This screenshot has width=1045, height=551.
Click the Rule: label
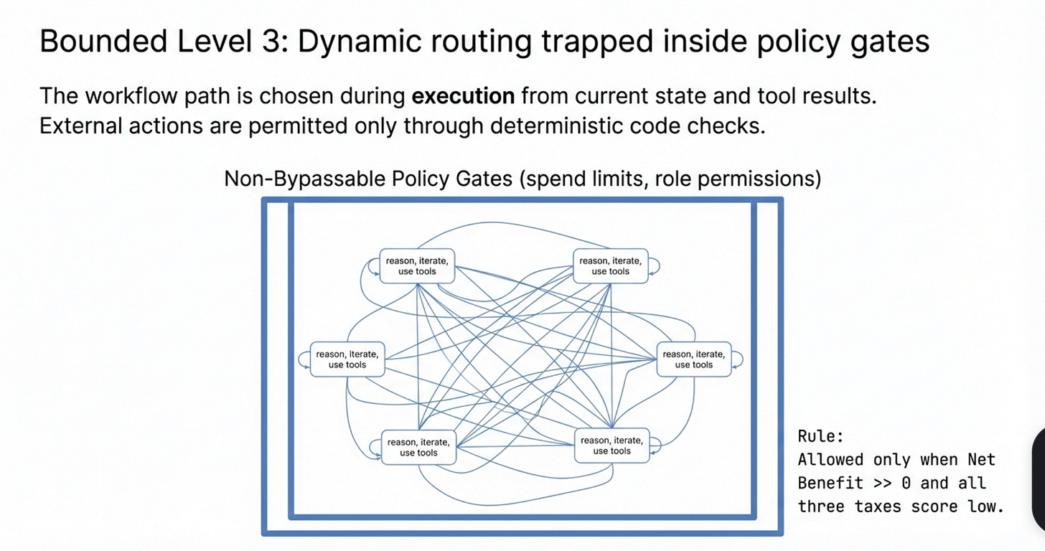tap(820, 436)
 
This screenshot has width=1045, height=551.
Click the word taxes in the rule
tap(879, 507)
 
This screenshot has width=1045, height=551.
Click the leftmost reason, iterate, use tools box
tap(347, 359)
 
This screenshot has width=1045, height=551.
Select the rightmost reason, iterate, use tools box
tap(693, 359)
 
